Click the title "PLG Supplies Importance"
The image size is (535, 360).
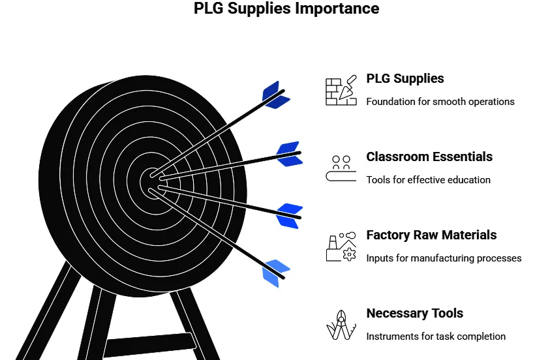[286, 9]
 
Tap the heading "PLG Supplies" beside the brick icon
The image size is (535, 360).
[405, 78]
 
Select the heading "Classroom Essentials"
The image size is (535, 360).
[429, 157]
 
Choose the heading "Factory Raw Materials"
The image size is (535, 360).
[431, 235]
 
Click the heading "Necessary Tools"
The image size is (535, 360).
[414, 313]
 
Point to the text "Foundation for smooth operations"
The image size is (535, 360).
[440, 102]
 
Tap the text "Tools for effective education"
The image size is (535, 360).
[428, 180]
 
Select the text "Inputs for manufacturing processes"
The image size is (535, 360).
[444, 258]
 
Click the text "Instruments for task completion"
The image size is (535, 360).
[436, 337]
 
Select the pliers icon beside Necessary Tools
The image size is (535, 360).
[341, 325]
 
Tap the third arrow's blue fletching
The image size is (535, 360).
[288, 216]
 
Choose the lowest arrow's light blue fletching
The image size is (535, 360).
[275, 273]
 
